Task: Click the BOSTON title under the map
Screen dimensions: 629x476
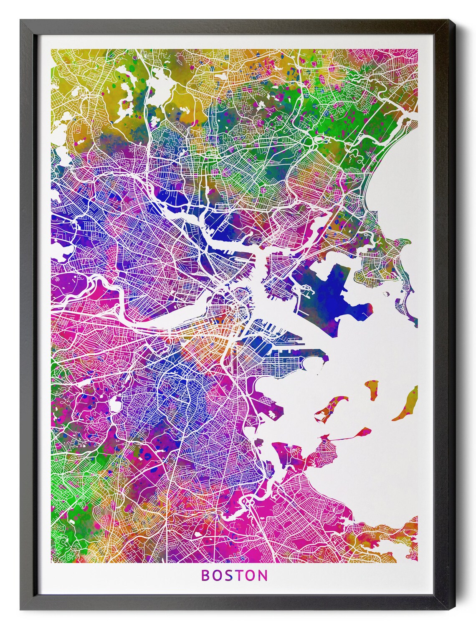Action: click(235, 575)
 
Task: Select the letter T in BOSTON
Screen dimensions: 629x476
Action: click(240, 575)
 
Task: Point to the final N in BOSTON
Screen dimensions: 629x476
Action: click(263, 575)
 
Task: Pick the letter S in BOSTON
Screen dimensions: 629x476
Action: click(229, 575)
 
